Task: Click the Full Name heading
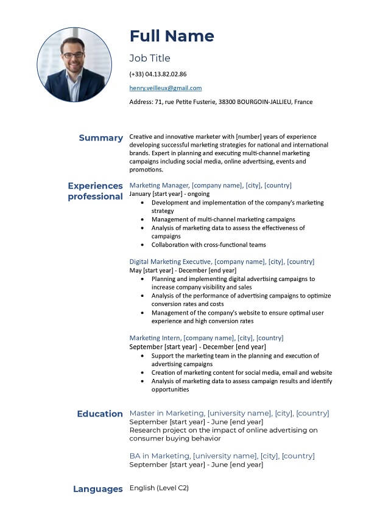coord(172,36)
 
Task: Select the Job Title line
coord(150,58)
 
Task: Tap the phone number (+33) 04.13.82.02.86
coord(158,74)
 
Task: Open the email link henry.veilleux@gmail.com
coord(166,88)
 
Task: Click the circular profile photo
coord(74,64)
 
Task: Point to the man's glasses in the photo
coord(74,55)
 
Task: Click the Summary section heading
coord(100,138)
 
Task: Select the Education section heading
coord(100,414)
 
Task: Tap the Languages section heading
coord(98,489)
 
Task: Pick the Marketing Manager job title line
coord(210,186)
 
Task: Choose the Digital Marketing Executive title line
coord(222,262)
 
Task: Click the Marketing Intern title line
coord(206,338)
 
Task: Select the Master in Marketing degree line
coord(229,414)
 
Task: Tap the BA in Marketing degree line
coord(222,456)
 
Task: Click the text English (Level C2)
coord(159,488)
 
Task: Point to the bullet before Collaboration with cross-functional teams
coord(143,245)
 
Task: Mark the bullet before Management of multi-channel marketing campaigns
coord(143,220)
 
